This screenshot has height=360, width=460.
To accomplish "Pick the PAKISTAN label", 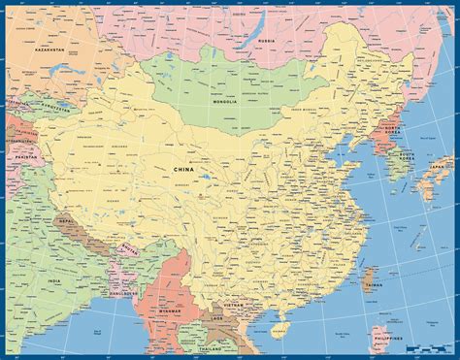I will pos(21,154).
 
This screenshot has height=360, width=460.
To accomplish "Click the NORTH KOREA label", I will pos(392,127).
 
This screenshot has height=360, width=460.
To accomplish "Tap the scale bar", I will pos(427,347).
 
